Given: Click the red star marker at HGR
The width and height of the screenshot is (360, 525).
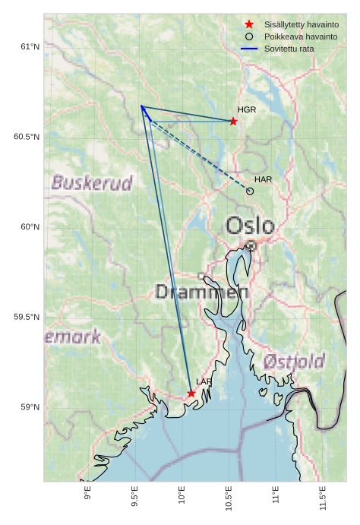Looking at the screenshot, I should click(233, 121).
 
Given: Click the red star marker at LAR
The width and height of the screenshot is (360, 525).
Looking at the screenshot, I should click(191, 393).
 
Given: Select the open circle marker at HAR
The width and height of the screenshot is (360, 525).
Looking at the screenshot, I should click(250, 191).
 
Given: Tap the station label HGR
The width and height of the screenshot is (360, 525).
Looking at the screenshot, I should click(247, 110).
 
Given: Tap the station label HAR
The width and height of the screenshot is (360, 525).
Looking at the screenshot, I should click(263, 179).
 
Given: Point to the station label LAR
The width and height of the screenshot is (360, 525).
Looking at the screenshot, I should click(204, 381).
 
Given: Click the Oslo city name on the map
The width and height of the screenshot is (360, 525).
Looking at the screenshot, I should click(250, 226).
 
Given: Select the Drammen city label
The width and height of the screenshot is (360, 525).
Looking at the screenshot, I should click(202, 292).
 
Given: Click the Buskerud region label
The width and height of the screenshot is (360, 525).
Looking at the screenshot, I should click(92, 182).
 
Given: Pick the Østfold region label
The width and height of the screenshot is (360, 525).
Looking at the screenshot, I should click(295, 361).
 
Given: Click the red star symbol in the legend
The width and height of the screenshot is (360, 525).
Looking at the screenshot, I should click(249, 24).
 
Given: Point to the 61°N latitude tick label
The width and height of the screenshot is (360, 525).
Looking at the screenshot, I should click(30, 47).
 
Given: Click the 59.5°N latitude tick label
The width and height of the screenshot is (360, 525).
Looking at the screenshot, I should click(27, 317).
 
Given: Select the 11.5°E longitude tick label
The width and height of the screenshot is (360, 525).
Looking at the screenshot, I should click(323, 498).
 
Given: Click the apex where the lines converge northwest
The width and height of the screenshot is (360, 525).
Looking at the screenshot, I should click(141, 106).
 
